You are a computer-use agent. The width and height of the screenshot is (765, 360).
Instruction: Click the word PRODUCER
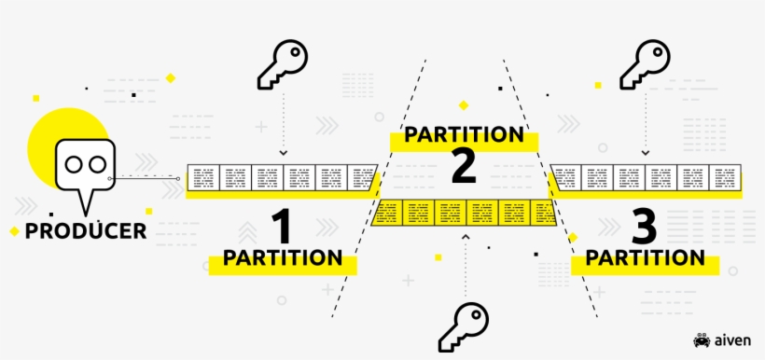point(86,230)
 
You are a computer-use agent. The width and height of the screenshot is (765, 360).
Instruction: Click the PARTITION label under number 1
point(282,257)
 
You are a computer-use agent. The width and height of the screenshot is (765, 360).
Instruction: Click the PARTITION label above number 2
point(463,134)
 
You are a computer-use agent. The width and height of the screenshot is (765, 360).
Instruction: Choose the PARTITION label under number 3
point(640,257)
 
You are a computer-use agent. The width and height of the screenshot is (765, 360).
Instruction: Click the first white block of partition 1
point(203,178)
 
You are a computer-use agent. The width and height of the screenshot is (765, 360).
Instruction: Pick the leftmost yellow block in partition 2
point(386,213)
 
